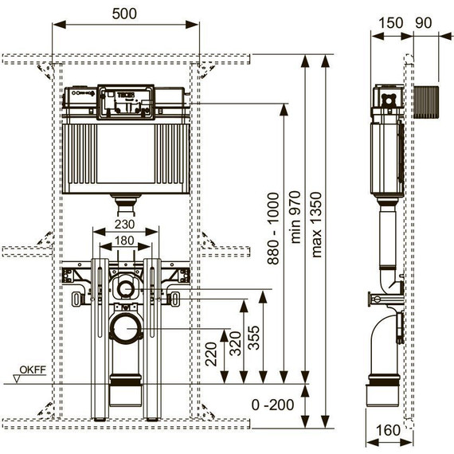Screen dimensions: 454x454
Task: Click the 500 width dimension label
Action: point(124,14)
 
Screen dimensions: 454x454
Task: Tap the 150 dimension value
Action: point(390,23)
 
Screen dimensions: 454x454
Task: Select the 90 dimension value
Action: point(423,23)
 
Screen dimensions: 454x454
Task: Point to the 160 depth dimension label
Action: point(388,430)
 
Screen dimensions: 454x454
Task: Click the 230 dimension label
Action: point(124,224)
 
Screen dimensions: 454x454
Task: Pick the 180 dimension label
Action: point(124,241)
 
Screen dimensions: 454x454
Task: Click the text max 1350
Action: point(316,225)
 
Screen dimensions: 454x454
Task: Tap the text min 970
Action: point(295,217)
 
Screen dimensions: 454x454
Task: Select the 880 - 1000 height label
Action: point(273,229)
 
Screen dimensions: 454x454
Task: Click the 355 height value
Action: point(254,338)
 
